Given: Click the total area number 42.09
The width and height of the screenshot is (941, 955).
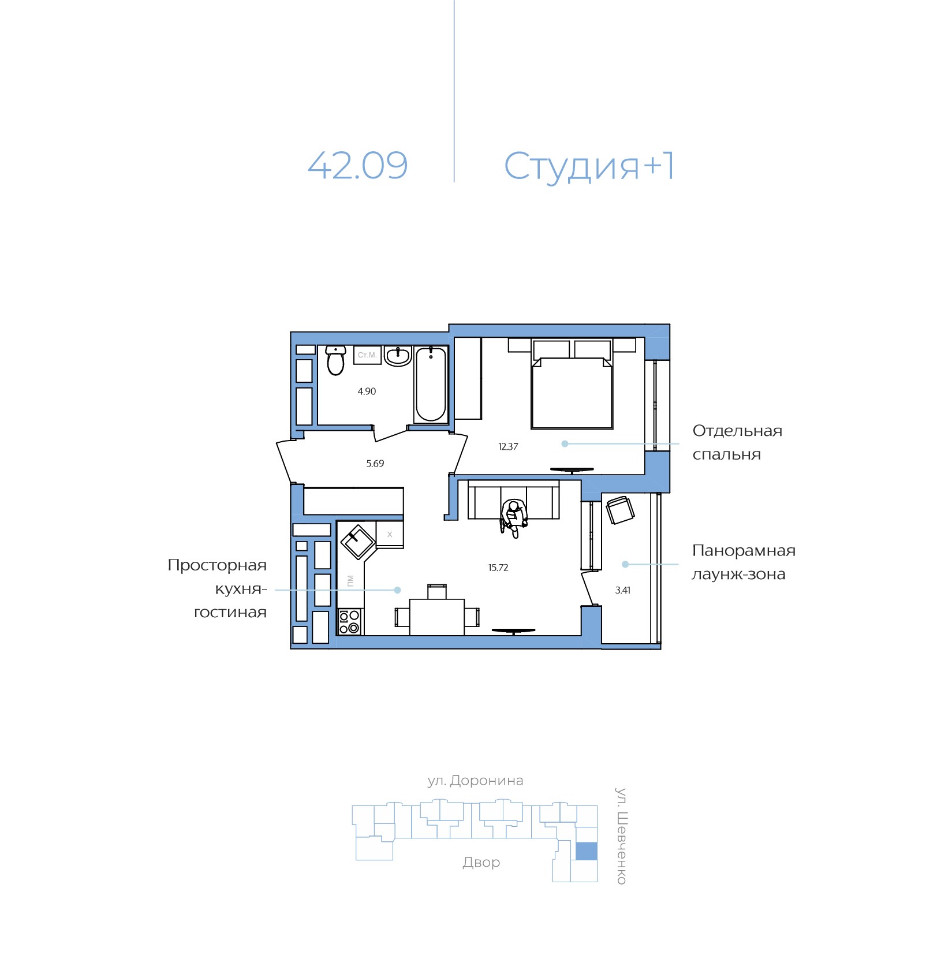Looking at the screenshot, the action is click(357, 165).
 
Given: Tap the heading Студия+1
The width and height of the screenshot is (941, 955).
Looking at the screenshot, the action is click(589, 166).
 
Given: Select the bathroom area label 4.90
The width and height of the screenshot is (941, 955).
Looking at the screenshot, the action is click(367, 391).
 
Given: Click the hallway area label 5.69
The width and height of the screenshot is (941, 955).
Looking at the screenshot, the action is click(375, 464).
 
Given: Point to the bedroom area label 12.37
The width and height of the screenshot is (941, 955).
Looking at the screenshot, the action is click(508, 446).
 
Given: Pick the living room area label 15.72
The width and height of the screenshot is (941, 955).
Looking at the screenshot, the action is click(498, 568).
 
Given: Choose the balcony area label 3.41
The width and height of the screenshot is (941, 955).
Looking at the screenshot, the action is click(623, 590).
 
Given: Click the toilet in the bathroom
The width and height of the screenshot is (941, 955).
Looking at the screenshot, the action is click(335, 360).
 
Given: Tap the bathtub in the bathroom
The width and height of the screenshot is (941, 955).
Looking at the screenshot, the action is click(431, 385).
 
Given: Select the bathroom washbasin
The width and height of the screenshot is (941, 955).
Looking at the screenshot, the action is click(398, 356).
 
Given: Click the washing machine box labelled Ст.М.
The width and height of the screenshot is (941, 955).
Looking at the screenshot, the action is click(367, 355).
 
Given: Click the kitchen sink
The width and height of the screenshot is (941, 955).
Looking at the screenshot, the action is click(358, 541).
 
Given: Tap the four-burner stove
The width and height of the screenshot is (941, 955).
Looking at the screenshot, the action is click(349, 622).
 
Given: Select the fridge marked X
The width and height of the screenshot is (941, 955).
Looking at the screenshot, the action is click(390, 534).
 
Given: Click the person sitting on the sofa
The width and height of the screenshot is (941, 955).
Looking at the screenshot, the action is click(513, 518).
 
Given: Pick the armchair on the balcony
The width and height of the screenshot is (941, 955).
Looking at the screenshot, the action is click(620, 510).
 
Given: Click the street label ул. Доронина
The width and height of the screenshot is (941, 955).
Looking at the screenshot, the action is click(475, 781).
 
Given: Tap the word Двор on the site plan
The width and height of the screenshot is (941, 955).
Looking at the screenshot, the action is click(481, 862).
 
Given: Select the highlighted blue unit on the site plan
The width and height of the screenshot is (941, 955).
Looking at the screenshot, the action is click(587, 851).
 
